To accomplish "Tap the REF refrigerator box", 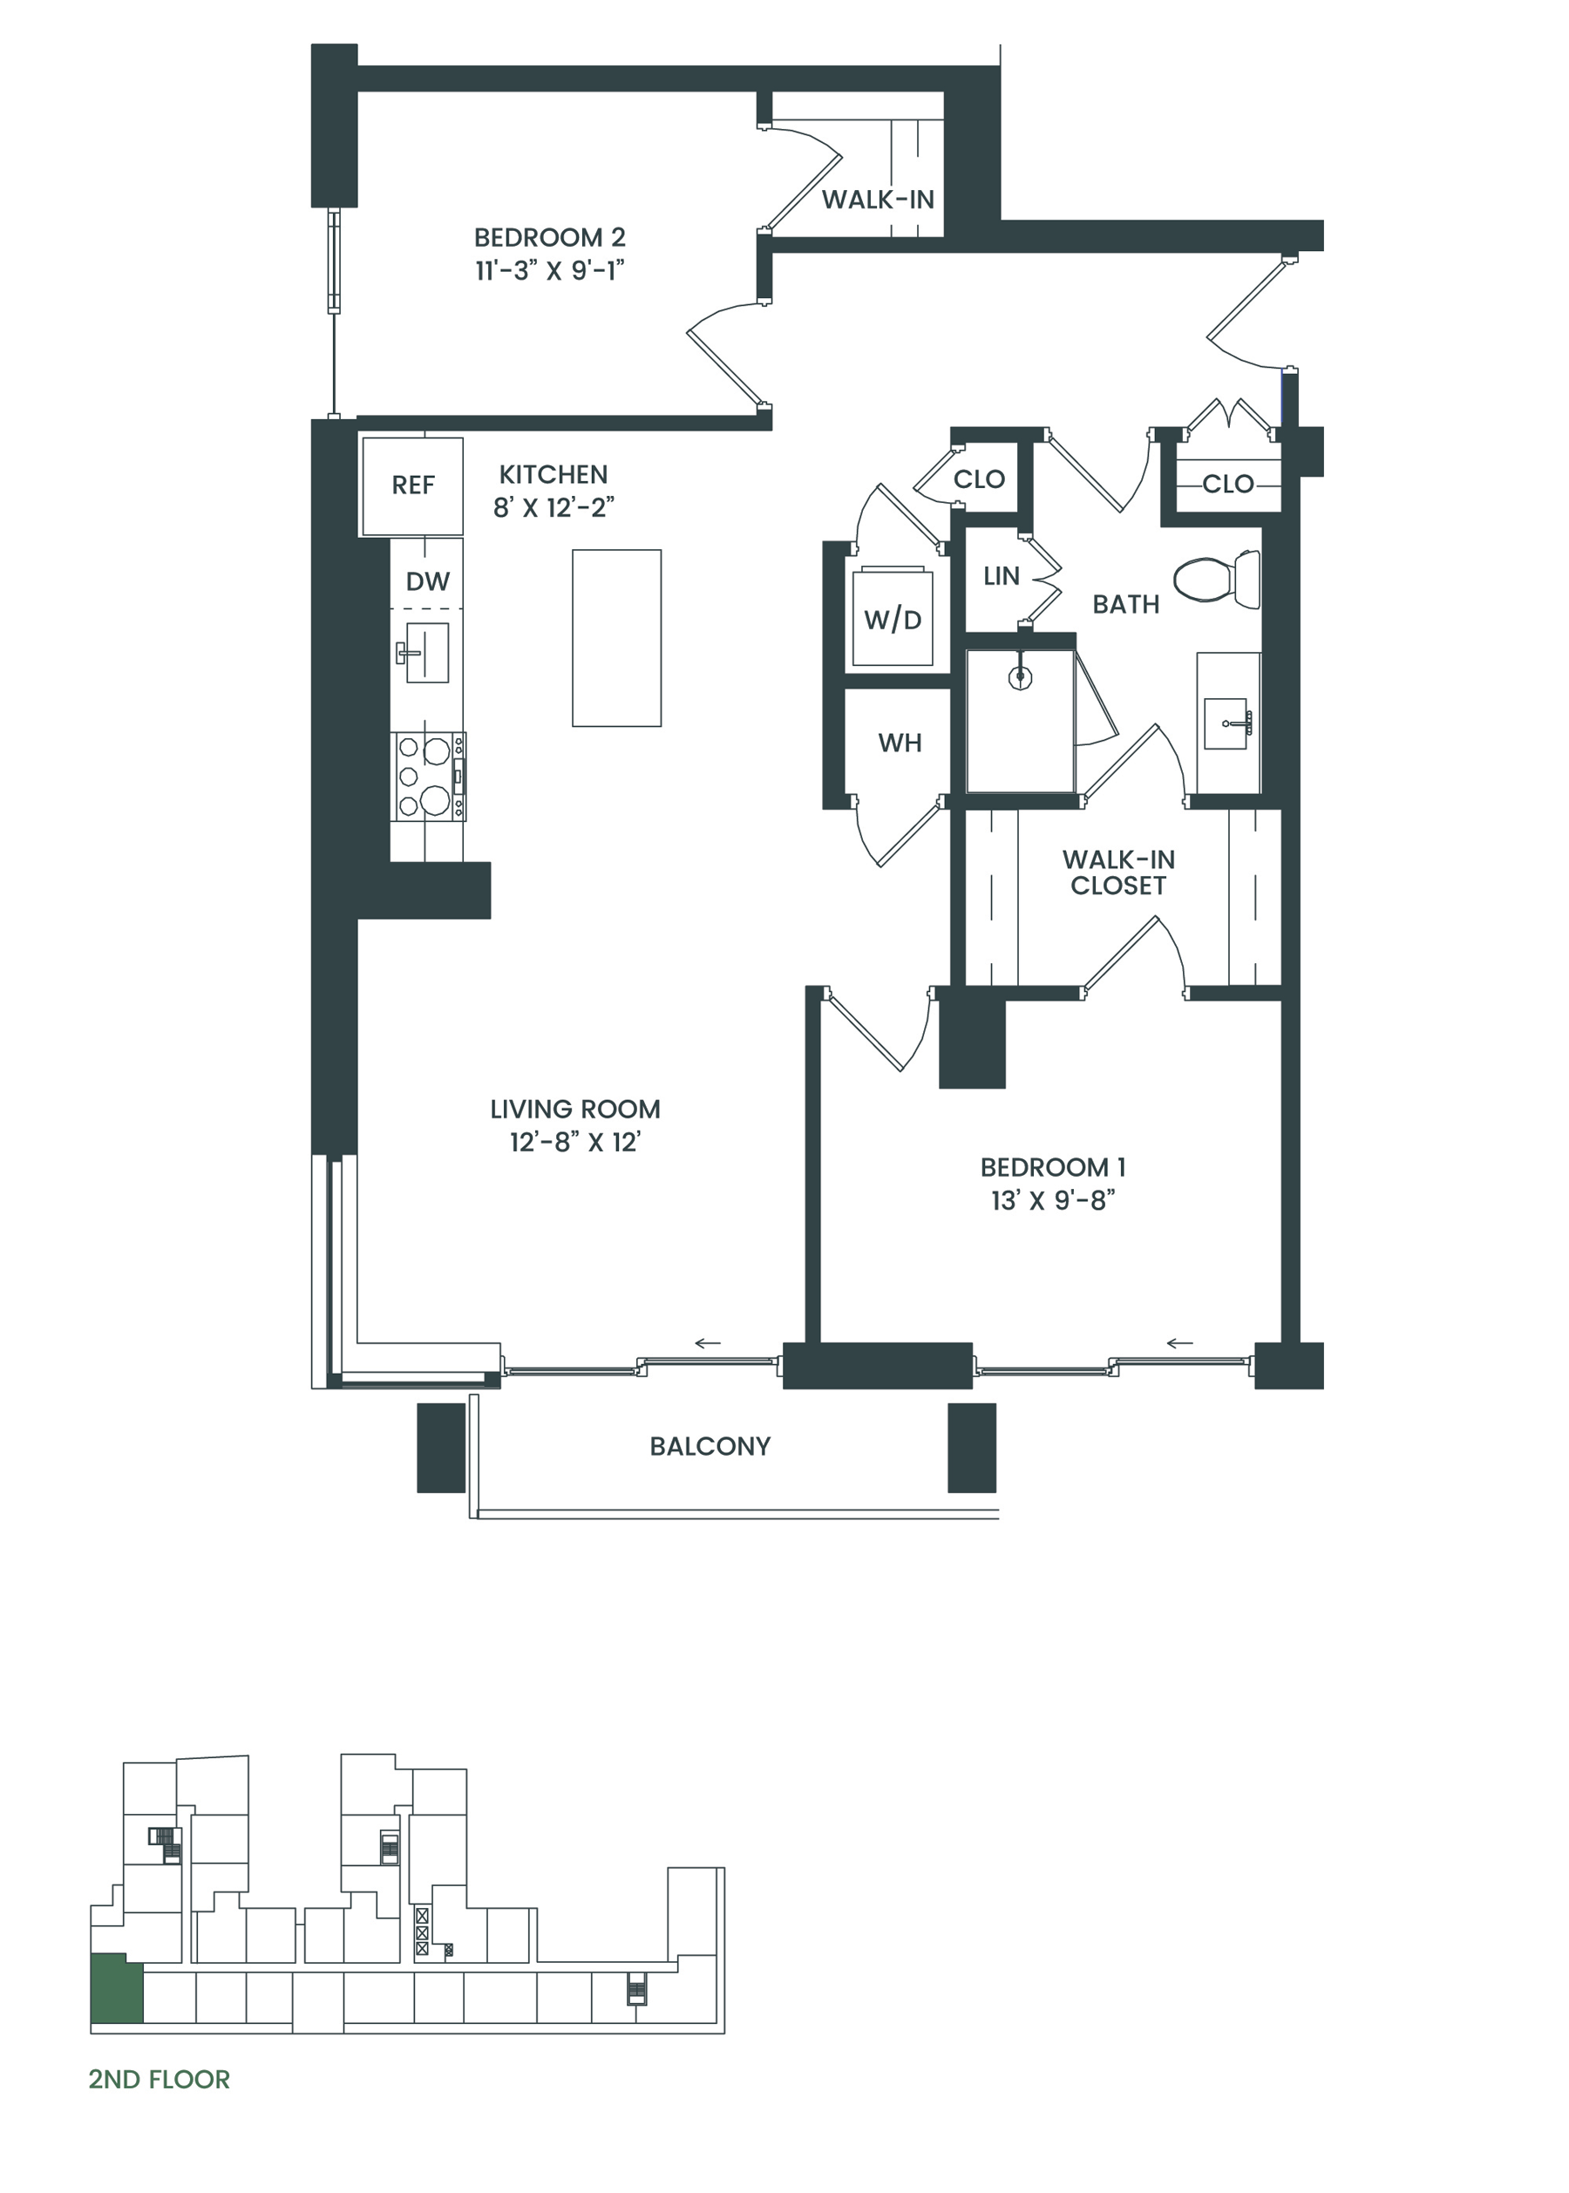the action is pyautogui.click(x=412, y=486).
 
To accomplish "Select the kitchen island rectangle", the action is pyautogui.click(x=616, y=638).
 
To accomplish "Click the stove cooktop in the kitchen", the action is pyautogui.click(x=429, y=777).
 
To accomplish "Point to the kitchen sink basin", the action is pyautogui.click(x=427, y=653).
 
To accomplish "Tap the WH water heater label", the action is pyautogui.click(x=900, y=743).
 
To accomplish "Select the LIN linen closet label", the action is pyautogui.click(x=1001, y=576).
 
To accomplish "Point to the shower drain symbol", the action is pyautogui.click(x=1020, y=677).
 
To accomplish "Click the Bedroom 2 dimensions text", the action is pyautogui.click(x=550, y=270).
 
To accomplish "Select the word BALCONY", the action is pyautogui.click(x=710, y=1446).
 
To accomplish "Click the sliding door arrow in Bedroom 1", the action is pyautogui.click(x=1179, y=1343).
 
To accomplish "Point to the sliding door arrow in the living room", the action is pyautogui.click(x=708, y=1343).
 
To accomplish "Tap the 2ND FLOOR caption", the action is pyautogui.click(x=160, y=2079).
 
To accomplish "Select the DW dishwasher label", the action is pyautogui.click(x=428, y=581).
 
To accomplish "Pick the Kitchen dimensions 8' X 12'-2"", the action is pyautogui.click(x=554, y=508).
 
